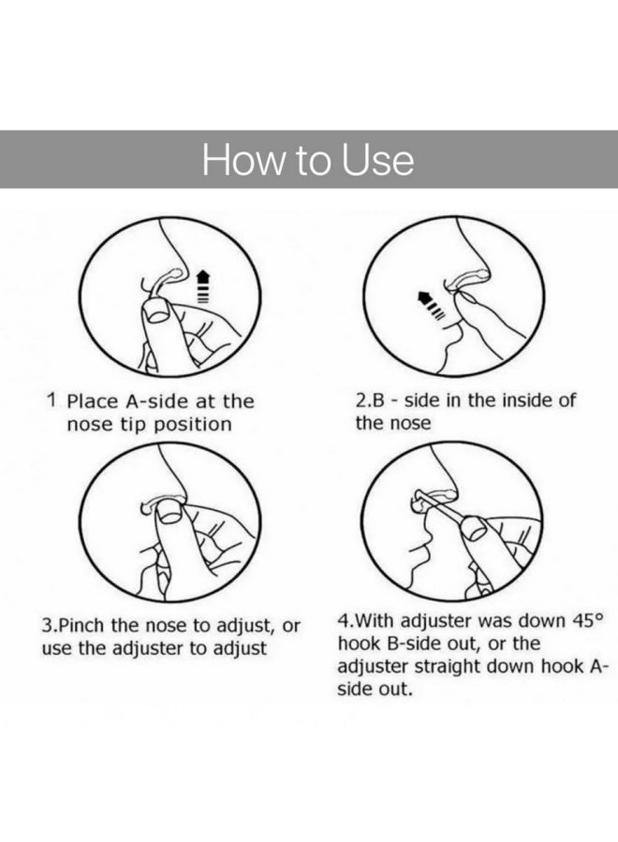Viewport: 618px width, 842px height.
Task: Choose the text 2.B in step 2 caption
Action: click(x=369, y=399)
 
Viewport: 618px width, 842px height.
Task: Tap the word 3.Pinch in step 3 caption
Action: click(x=76, y=624)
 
